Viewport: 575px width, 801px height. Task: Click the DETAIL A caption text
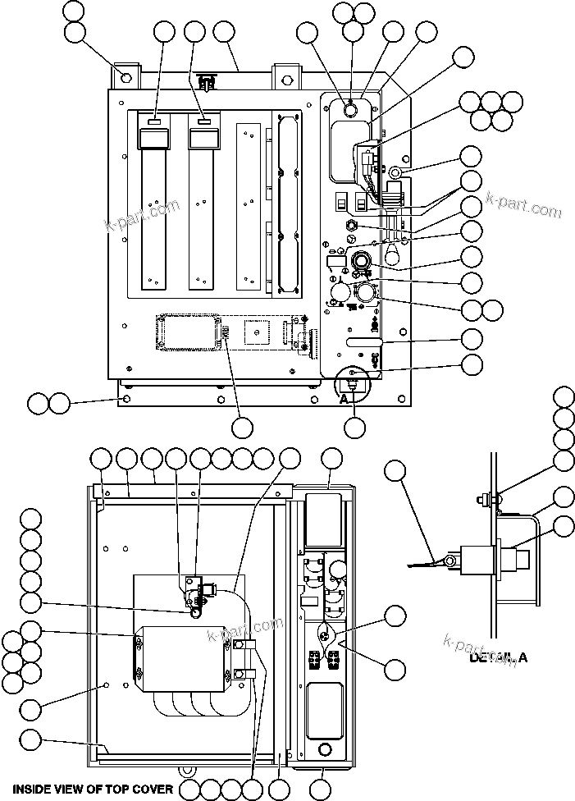498,657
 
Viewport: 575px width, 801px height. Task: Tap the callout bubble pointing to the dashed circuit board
242,428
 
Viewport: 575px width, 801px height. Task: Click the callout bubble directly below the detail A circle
354,428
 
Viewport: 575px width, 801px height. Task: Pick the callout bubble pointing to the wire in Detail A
395,470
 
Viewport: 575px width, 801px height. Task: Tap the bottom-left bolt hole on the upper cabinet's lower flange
125,399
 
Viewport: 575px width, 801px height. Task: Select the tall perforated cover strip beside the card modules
285,201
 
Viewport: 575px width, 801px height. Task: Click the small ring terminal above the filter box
196,611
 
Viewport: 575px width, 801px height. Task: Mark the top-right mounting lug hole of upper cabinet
286,80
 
